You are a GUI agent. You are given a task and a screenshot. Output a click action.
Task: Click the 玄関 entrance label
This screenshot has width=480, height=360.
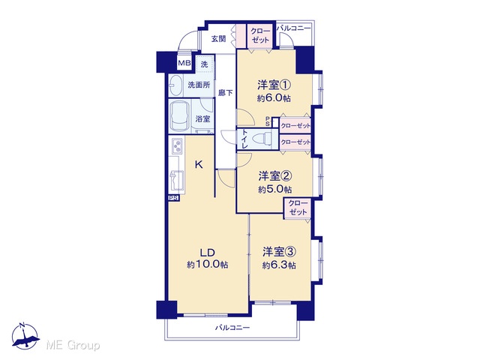218,39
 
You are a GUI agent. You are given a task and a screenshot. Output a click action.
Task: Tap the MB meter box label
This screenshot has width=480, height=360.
184,63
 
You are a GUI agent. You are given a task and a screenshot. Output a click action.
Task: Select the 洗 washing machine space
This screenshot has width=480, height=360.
204,64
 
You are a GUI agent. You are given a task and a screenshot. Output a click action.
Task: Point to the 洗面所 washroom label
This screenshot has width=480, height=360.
199,85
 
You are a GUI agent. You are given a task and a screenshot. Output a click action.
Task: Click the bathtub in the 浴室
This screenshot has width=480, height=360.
179,117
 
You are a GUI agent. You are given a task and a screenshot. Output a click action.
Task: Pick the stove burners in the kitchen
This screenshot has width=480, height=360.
177,146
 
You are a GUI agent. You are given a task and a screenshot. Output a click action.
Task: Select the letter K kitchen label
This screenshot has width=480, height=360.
199,165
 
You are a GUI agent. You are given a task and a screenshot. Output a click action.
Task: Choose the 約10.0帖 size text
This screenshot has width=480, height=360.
208,265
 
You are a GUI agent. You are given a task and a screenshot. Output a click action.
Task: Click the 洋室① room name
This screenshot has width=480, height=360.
274,85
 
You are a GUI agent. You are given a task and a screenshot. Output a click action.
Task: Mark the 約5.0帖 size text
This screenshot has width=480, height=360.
274,190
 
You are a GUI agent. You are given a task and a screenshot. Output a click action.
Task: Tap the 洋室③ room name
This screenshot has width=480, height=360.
279,252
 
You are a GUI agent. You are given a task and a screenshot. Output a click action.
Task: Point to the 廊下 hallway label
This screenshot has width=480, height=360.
225,93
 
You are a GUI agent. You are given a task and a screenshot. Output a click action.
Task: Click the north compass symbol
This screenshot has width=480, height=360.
25,336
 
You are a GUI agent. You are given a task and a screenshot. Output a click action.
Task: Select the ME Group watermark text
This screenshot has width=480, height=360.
73,345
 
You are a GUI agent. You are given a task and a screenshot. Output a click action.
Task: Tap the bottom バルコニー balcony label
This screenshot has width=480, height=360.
232,328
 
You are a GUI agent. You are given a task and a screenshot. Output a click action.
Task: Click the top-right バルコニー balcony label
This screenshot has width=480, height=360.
293,28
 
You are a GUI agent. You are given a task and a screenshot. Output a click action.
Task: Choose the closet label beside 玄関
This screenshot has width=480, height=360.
260,36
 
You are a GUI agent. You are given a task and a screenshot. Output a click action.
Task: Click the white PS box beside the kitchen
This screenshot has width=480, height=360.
173,198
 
